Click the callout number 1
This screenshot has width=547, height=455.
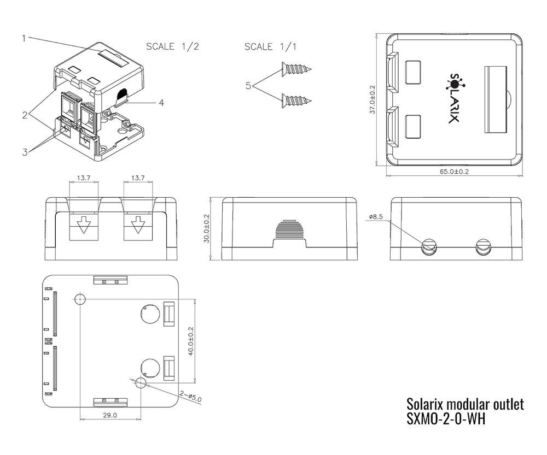[24, 38]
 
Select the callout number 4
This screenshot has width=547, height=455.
[161, 103]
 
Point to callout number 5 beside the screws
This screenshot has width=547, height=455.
[248, 85]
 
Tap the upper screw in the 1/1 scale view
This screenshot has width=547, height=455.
[296, 69]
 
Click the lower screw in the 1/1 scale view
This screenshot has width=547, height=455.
[296, 101]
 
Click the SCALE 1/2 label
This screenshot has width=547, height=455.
[172, 46]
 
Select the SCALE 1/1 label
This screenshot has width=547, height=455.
[270, 46]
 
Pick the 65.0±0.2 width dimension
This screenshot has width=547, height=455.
[454, 172]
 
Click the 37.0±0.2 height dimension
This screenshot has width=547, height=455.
[372, 100]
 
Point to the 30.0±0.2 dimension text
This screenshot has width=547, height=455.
[207, 228]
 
